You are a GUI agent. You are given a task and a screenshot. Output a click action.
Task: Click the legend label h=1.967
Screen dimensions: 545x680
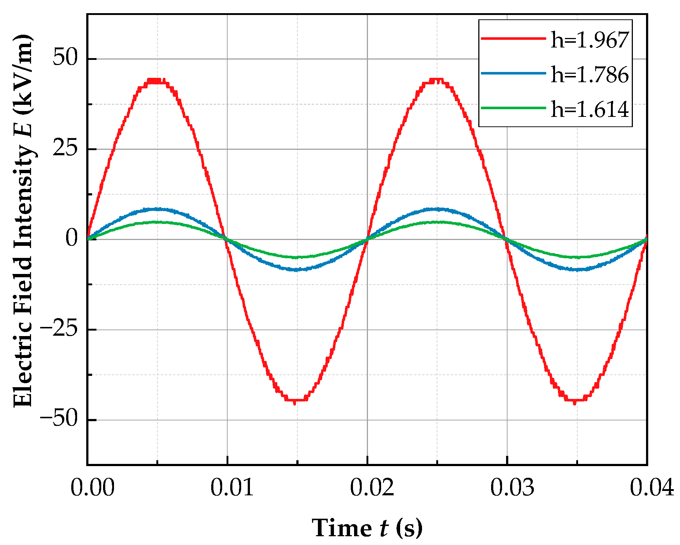tap(589, 40)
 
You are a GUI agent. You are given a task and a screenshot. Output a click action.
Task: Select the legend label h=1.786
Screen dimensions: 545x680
tap(589, 75)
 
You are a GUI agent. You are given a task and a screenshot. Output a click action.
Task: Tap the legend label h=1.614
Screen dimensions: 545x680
tap(589, 109)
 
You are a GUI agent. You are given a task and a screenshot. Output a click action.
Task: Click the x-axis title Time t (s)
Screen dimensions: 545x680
tap(367, 528)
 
